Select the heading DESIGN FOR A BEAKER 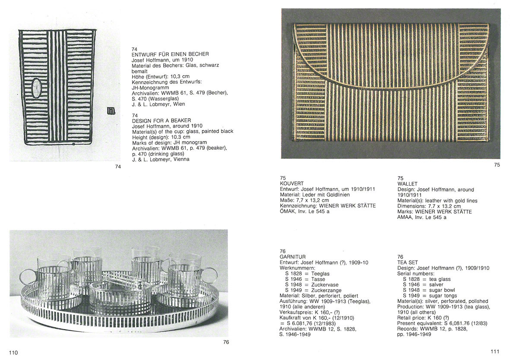pos(162,120)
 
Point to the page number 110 pos(14,353)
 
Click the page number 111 pos(495,352)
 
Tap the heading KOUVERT pos(291,183)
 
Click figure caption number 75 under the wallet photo pos(497,165)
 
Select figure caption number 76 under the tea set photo pos(226,342)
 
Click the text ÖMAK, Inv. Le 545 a pos(306,212)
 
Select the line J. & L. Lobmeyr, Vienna pos(160,159)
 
